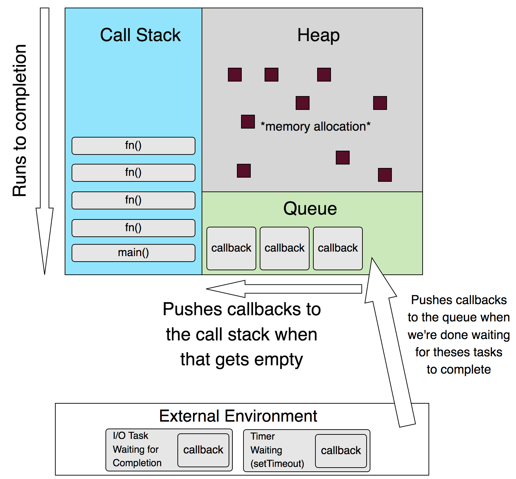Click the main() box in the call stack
pyautogui.click(x=133, y=253)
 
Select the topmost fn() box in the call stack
pyautogui.click(x=133, y=146)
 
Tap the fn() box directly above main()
pyautogui.click(x=133, y=228)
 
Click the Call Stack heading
pyautogui.click(x=140, y=35)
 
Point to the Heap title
pyautogui.click(x=318, y=35)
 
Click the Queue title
pyautogui.click(x=310, y=209)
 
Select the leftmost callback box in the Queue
pyautogui.click(x=231, y=248)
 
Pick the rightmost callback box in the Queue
pyautogui.click(x=338, y=248)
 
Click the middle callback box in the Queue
pyautogui.click(x=284, y=248)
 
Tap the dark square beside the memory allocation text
pyautogui.click(x=248, y=122)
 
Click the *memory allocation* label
pyautogui.click(x=315, y=126)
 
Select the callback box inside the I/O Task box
pyautogui.click(x=203, y=450)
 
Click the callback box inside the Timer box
pyautogui.click(x=341, y=451)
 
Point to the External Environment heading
pyautogui.click(x=238, y=416)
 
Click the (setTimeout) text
pyautogui.click(x=277, y=463)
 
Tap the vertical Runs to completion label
pyautogui.click(x=20, y=120)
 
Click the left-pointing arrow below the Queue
pyautogui.click(x=284, y=289)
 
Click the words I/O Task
pyautogui.click(x=130, y=435)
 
